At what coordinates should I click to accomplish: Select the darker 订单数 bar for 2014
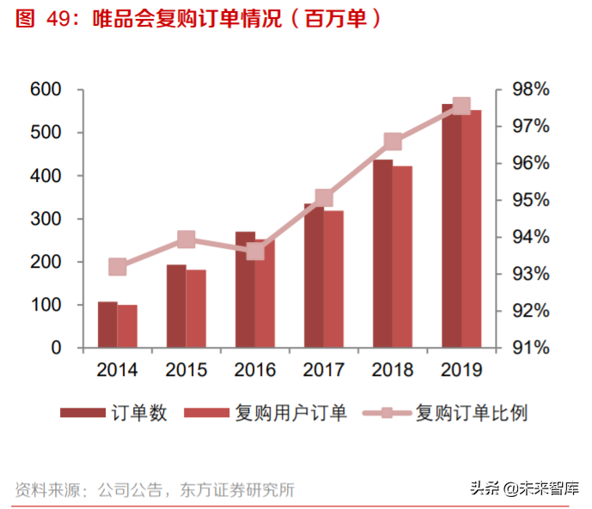point(107,325)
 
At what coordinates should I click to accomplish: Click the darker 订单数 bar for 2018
point(382,254)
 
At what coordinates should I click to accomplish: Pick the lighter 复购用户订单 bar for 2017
point(333,279)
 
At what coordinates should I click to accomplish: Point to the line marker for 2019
point(461,106)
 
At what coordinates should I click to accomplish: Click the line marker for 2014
point(118,267)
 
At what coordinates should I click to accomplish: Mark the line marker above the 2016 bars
point(255,251)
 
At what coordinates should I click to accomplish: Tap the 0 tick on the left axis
point(55,348)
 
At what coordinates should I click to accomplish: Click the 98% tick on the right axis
point(530,89)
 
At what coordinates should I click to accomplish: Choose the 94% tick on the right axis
point(530,237)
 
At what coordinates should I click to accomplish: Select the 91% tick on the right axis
point(530,348)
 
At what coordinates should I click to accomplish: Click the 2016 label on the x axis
point(255,371)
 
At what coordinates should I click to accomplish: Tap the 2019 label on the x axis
point(461,371)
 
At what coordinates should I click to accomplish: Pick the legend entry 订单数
point(138,413)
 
